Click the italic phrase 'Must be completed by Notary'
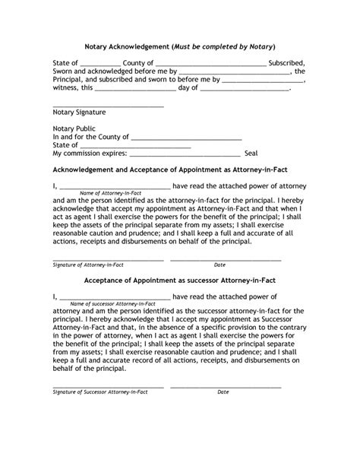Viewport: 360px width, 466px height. click(x=223, y=46)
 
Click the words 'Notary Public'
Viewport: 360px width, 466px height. click(x=74, y=129)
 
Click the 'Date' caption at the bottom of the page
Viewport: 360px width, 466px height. click(x=223, y=392)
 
